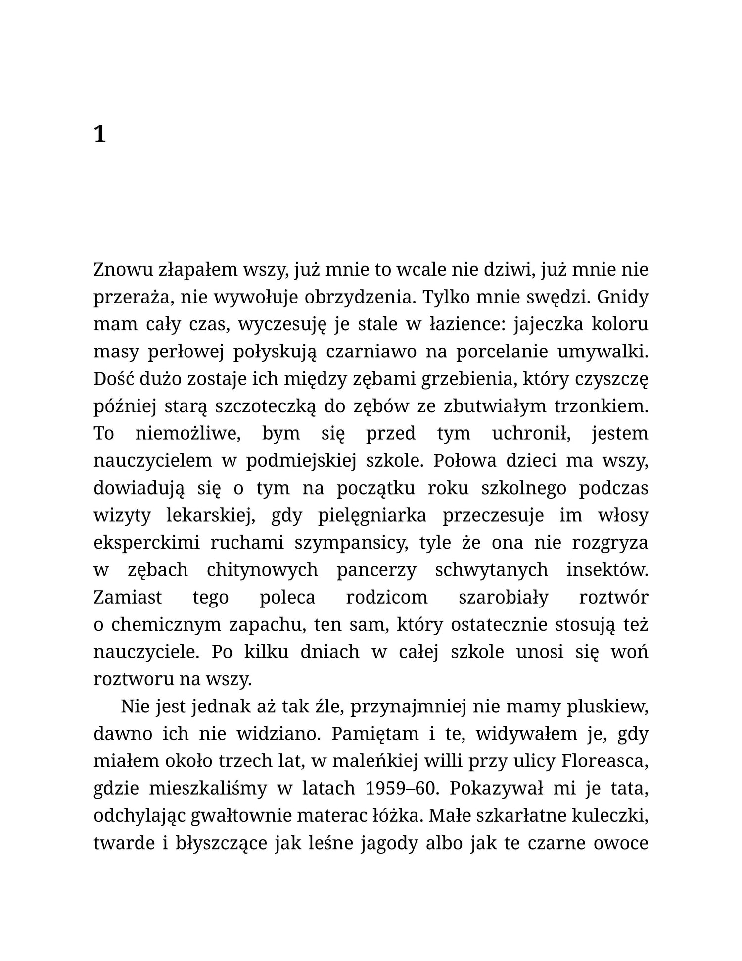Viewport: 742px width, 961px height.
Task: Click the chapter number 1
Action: [x=100, y=134]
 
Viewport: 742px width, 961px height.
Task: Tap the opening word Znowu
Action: [x=122, y=270]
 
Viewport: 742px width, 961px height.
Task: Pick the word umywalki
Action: [x=603, y=352]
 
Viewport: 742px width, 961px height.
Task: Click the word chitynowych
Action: [x=262, y=570]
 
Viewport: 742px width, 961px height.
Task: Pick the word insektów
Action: [x=607, y=570]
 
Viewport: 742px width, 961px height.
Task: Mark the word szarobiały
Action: [x=504, y=598]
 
